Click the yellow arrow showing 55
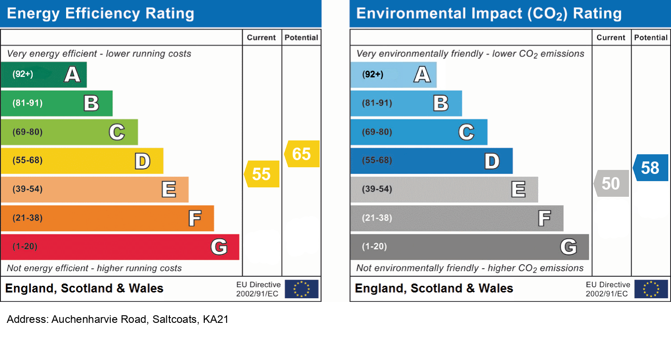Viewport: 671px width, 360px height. (x=262, y=174)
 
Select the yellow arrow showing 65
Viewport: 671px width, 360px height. (x=302, y=154)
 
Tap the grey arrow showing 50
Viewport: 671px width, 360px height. (x=612, y=183)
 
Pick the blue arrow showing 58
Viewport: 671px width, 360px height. (x=651, y=168)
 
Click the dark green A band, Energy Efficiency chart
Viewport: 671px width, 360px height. (x=43, y=74)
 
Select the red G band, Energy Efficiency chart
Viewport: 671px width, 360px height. (x=119, y=247)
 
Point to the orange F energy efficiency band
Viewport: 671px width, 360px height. (x=107, y=218)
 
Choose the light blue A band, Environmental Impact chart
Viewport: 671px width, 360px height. (x=393, y=74)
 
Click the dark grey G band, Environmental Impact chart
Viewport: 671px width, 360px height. (x=469, y=247)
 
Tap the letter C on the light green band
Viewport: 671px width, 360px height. (x=117, y=132)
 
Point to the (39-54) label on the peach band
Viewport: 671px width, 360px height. (x=28, y=189)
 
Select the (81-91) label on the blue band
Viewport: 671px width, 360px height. (x=377, y=103)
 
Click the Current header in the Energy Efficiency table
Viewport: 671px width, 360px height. (x=262, y=38)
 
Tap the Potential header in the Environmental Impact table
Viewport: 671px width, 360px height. (x=651, y=38)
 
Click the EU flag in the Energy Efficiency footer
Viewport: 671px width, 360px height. (x=302, y=289)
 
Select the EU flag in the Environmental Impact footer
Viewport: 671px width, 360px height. (x=651, y=289)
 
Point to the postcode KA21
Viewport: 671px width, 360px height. (x=215, y=319)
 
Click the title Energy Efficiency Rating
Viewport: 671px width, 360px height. (x=101, y=13)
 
